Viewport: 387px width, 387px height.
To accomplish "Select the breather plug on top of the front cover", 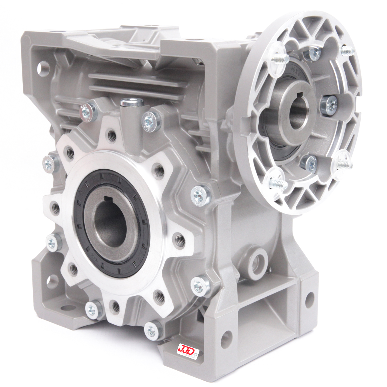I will (132, 104).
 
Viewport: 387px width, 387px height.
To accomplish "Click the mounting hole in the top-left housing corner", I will (43, 67).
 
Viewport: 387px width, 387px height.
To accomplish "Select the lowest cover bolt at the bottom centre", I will (151, 330).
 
